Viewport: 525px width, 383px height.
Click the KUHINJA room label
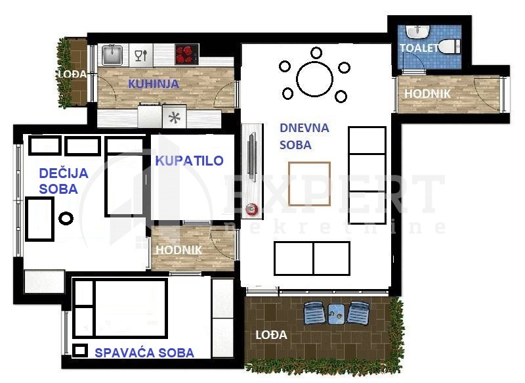pos(154,84)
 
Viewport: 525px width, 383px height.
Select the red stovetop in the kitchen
pos(187,55)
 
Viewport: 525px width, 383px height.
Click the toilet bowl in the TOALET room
pos(449,47)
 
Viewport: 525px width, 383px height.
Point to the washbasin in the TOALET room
pos(417,32)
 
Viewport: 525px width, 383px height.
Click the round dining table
pos(314,79)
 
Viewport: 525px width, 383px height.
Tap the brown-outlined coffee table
pos(309,184)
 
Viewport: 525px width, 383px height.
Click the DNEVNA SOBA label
pos(304,137)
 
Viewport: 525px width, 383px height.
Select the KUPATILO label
pos(189,161)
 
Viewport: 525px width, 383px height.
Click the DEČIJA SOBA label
pos(64,181)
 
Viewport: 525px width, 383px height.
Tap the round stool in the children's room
pos(66,219)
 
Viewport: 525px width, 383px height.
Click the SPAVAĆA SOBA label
pos(144,353)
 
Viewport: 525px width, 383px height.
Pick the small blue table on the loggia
pos(337,314)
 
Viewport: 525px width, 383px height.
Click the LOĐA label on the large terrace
pos(271,335)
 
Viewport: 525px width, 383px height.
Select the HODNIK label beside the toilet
pos(427,93)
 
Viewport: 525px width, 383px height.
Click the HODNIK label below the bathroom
pos(178,250)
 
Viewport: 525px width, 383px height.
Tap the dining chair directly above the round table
pos(316,53)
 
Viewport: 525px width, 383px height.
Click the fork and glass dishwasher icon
pos(141,55)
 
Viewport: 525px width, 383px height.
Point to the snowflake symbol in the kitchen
pos(175,118)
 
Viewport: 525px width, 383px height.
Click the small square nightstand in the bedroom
pos(80,351)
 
